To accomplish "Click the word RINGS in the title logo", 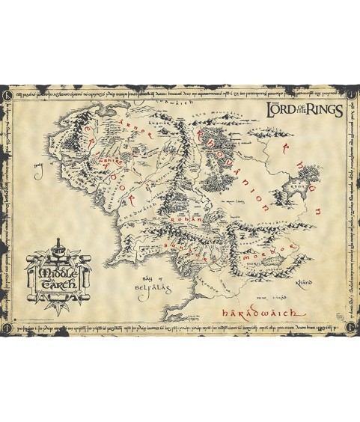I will (323, 111).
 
